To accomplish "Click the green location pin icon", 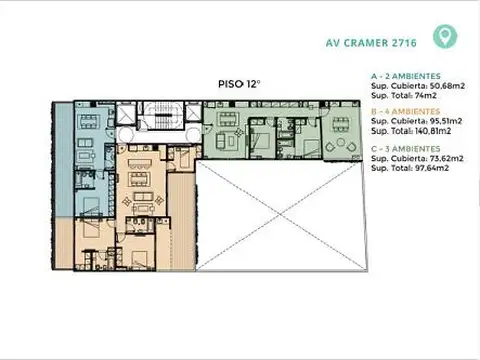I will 440,38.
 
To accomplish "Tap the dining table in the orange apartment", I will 139,181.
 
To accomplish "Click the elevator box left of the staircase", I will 126,113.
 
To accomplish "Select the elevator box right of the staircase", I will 187,113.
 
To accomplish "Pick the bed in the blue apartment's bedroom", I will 90,209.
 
